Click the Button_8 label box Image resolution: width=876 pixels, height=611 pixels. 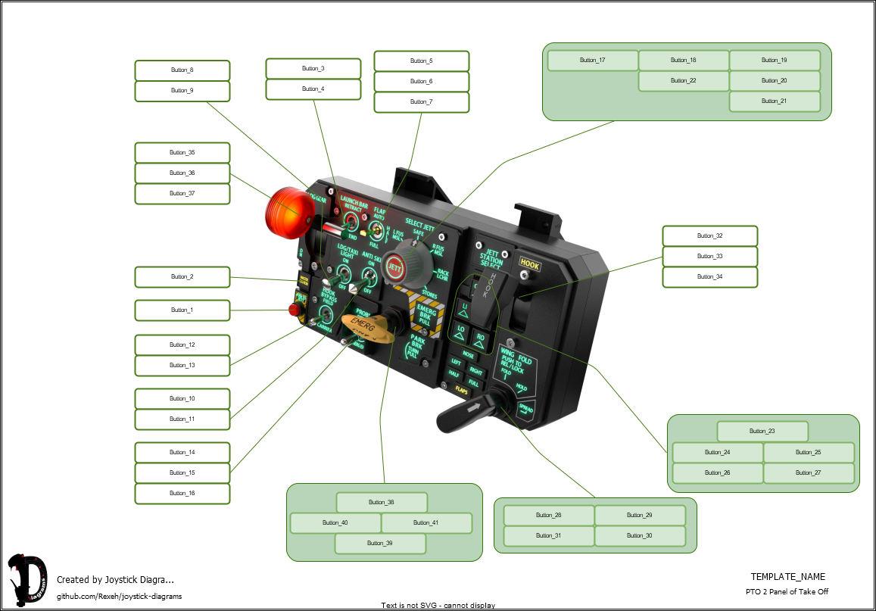pyautogui.click(x=182, y=70)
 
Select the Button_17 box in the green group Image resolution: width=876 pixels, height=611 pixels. pyautogui.click(x=592, y=61)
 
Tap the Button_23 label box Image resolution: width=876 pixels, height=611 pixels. pyautogui.click(x=762, y=432)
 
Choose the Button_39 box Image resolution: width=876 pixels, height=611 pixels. pyautogui.click(x=380, y=544)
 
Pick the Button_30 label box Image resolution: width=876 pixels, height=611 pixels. pyautogui.click(x=639, y=536)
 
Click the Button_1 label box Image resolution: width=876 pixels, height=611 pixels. pyautogui.click(x=182, y=310)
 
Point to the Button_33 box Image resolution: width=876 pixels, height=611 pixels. pyautogui.click(x=709, y=257)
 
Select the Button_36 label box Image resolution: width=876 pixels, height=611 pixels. pyautogui.click(x=182, y=173)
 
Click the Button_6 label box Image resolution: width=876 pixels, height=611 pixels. pyautogui.click(x=421, y=82)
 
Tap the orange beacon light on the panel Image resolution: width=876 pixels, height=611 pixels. pyautogui.click(x=287, y=213)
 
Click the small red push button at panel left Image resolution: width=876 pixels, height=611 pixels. pyautogui.click(x=295, y=310)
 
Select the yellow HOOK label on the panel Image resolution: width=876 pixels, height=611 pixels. pyautogui.click(x=529, y=265)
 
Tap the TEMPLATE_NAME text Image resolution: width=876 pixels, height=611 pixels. pyautogui.click(x=787, y=577)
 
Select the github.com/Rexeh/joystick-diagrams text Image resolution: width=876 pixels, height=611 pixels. pyautogui.click(x=119, y=596)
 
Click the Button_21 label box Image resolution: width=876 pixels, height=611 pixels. pyautogui.click(x=774, y=101)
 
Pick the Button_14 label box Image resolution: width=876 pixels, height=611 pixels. pyautogui.click(x=182, y=453)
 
